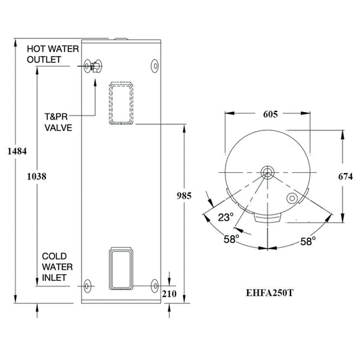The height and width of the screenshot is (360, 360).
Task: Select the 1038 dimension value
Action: tap(37, 176)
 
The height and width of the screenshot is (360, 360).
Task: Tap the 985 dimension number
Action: tap(183, 196)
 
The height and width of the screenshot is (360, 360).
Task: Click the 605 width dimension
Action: tap(269, 115)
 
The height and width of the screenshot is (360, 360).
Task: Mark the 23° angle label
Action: tap(225, 217)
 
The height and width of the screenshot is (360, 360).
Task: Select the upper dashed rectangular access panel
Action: tap(120, 103)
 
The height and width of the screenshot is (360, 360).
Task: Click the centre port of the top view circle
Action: tap(269, 170)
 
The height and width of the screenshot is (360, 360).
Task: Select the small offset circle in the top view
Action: tap(292, 199)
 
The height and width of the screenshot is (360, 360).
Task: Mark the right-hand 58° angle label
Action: tap(309, 241)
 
